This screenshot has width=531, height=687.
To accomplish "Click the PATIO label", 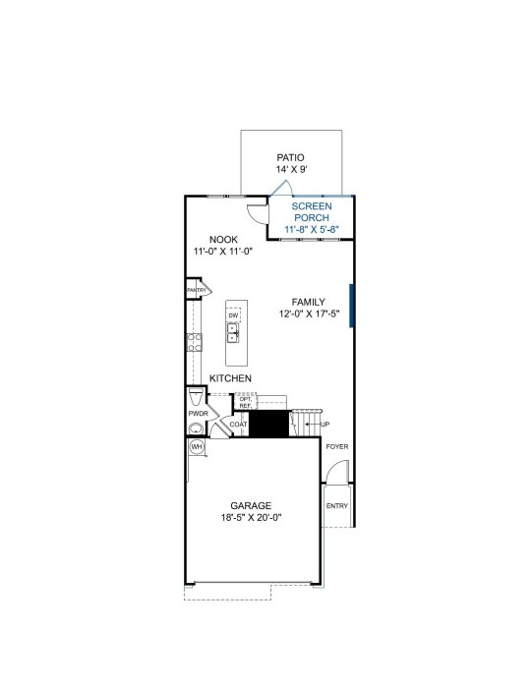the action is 290,157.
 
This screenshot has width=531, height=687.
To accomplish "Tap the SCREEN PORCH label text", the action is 312,212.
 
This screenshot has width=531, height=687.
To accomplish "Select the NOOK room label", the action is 223,240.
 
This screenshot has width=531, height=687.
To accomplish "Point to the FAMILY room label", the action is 308,302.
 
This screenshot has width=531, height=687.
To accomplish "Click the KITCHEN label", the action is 231,378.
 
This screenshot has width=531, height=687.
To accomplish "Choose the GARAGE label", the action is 251,505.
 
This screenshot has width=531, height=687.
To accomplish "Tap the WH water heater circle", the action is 198,447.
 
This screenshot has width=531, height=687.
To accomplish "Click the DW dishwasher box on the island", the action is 234,315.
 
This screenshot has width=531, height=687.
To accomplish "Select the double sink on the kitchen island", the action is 233,333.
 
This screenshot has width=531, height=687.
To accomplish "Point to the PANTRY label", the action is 196,290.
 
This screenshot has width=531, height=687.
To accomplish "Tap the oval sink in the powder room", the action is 196,429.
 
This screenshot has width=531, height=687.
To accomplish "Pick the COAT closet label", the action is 239,425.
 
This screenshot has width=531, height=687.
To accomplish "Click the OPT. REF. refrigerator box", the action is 246,402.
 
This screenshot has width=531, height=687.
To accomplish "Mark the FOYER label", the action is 337,446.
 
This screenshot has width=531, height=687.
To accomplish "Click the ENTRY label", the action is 337,505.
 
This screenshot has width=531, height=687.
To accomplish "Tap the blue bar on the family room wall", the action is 351,306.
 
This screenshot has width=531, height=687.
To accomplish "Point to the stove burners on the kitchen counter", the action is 195,342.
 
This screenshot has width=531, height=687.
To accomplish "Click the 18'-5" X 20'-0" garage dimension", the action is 251,517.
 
